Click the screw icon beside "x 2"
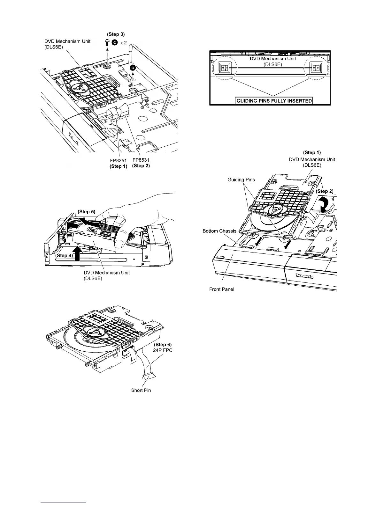pyautogui.click(x=107, y=42)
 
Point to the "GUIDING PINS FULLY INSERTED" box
pyautogui.click(x=274, y=101)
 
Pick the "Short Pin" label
pyautogui.click(x=141, y=391)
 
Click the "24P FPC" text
pyautogui.click(x=163, y=350)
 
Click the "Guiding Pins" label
pyautogui.click(x=241, y=180)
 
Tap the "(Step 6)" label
pyautogui.click(x=163, y=344)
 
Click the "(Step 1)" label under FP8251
pyautogui.click(x=118, y=166)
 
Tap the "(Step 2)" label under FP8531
pyautogui.click(x=141, y=166)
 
